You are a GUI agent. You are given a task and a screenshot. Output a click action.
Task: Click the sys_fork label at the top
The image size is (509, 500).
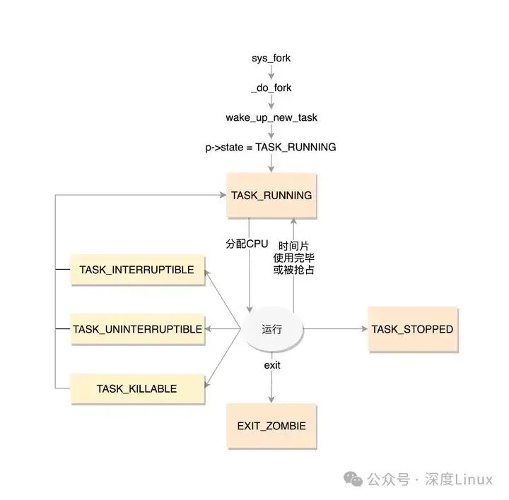point(271,58)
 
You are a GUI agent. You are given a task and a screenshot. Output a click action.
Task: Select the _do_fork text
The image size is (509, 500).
point(271,88)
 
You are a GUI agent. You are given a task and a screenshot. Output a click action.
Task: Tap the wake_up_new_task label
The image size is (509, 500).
point(271,117)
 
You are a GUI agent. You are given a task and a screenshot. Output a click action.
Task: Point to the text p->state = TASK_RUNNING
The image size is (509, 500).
point(271,147)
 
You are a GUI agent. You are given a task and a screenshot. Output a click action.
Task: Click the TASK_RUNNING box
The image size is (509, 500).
point(271,196)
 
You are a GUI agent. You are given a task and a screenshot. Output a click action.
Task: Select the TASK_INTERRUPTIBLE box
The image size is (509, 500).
point(136,270)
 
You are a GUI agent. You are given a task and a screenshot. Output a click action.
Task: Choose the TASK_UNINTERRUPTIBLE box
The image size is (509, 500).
point(137,329)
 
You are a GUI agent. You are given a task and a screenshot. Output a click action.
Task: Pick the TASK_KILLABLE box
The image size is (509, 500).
point(136,388)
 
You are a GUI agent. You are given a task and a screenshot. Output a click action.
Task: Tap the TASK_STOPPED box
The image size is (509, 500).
point(412,329)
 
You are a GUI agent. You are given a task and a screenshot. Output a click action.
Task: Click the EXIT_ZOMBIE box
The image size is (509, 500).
point(271,427)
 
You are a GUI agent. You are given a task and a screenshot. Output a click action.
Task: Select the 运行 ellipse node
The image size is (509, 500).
point(271,329)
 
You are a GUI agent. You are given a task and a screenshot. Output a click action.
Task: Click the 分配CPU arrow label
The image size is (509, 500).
point(247,244)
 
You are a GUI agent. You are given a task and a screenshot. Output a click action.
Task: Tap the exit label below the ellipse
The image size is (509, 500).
point(272,365)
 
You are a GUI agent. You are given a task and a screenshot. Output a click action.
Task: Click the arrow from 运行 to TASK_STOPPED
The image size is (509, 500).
point(336,329)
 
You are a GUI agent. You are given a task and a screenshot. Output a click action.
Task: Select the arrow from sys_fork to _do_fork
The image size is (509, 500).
point(271,73)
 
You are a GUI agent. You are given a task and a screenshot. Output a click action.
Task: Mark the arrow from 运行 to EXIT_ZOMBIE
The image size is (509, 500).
point(271,385)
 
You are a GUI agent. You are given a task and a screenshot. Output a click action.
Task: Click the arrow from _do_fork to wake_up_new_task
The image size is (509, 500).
point(271,102)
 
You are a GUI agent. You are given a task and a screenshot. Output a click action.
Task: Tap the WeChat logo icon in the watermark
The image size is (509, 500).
point(353,480)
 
